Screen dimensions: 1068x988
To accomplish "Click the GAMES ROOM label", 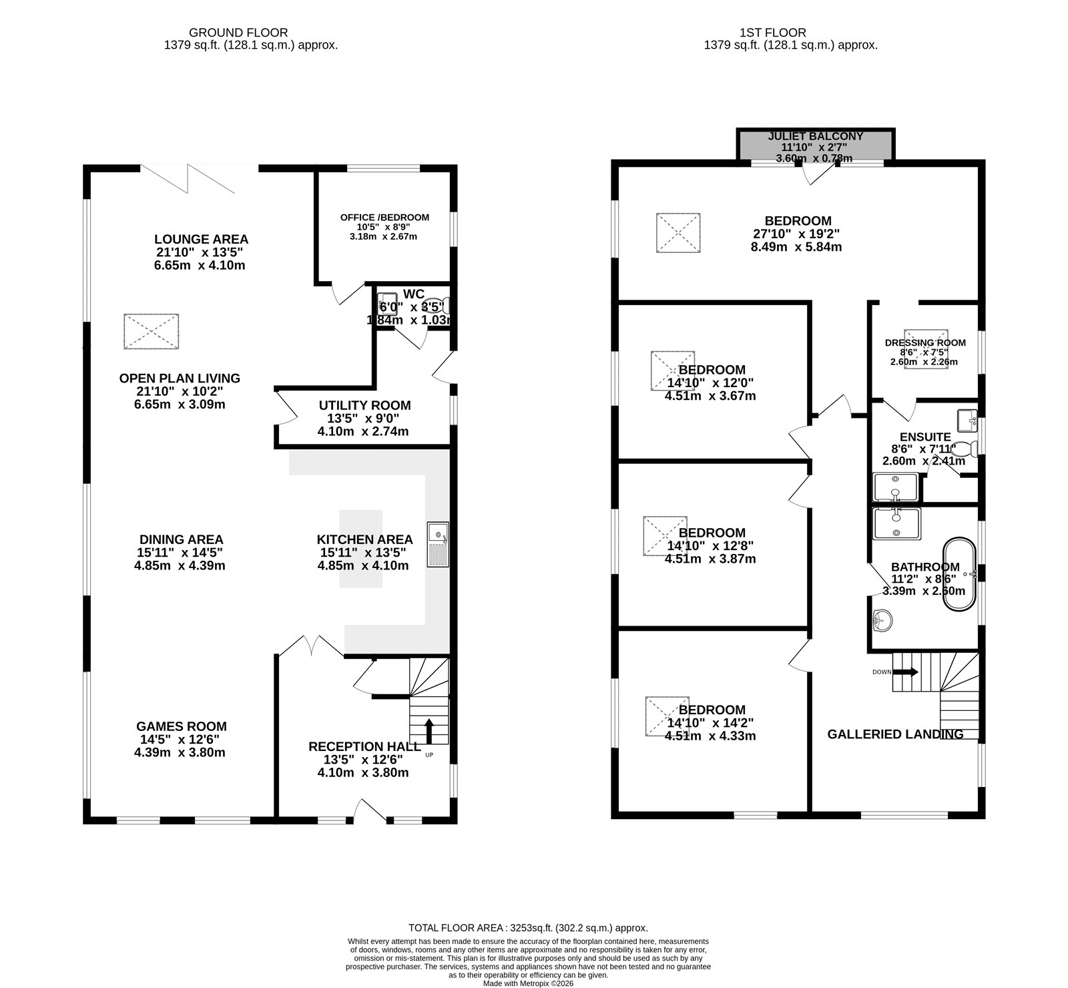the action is point(182,726).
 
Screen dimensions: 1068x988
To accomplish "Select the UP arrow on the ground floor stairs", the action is point(428,731).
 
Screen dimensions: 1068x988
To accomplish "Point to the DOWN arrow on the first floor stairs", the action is point(906,672).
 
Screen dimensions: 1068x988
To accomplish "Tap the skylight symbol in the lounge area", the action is point(152,332).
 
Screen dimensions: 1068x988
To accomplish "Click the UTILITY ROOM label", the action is point(364,405).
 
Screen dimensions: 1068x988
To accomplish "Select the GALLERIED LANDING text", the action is point(895,734).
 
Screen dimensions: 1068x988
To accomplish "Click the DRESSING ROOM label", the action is point(925,343).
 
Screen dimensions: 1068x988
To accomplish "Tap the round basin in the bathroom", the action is point(882,620).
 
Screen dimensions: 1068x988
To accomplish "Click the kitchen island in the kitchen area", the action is point(361,549).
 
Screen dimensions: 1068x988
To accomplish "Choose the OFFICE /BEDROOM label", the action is point(384,218).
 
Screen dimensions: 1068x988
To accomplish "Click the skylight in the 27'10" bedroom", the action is point(678,233).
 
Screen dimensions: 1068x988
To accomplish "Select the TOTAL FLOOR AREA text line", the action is point(528,928).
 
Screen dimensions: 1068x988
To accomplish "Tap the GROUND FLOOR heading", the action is point(238,32).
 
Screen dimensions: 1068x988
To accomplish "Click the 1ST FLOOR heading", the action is point(772,32).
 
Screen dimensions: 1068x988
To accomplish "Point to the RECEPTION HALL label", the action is point(364,746).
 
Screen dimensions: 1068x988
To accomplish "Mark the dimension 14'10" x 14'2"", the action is point(710,723).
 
